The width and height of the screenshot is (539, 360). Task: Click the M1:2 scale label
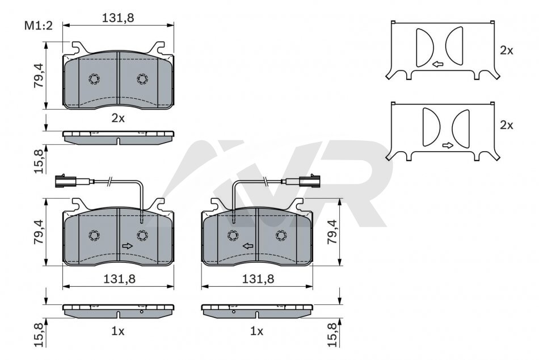[38, 26]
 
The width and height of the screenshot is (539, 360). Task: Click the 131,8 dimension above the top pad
[118, 18]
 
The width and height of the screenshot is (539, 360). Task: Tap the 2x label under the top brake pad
[118, 119]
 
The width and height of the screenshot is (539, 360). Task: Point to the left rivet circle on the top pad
[94, 79]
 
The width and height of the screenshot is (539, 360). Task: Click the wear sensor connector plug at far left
[64, 181]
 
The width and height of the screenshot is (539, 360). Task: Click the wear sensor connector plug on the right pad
[310, 181]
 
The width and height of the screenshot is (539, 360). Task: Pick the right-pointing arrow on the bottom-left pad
[128, 246]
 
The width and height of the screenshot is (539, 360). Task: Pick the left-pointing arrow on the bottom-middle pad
[248, 246]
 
